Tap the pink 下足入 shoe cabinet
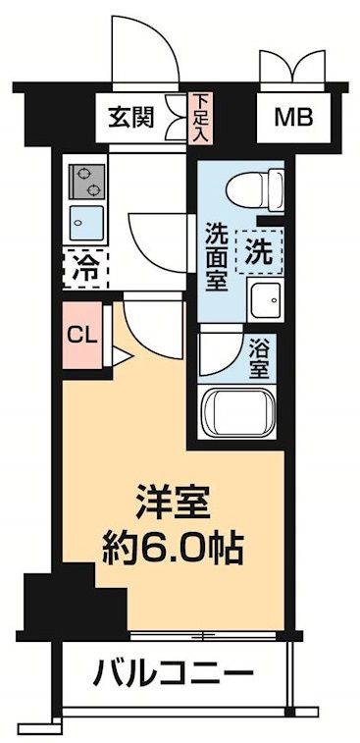point(200,119)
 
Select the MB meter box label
point(293,118)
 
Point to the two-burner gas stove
point(86,182)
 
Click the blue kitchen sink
point(86,223)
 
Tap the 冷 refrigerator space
point(85,269)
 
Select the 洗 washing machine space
point(260,251)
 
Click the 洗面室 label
point(216,257)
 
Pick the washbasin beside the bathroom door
point(265,299)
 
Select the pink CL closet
point(83,336)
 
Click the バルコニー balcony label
point(173,672)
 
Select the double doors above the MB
point(292,67)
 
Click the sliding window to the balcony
point(206,635)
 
